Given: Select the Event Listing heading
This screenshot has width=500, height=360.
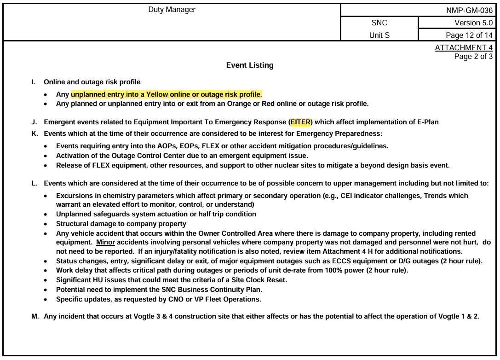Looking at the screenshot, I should coord(250,65).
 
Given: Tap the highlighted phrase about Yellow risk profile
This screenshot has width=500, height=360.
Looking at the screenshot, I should coord(167,95).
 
